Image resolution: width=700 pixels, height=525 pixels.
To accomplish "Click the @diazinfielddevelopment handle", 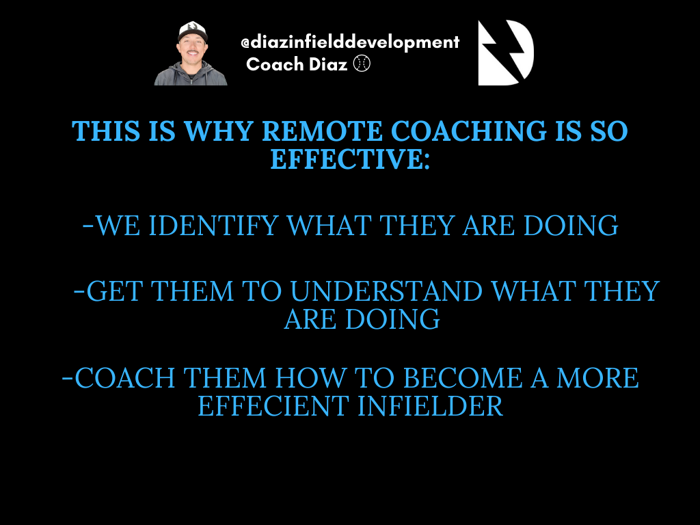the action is pyautogui.click(x=350, y=42).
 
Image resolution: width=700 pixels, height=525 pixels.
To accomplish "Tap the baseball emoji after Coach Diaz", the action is pyautogui.click(x=362, y=64).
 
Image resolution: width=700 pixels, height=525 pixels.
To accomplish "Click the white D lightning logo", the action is pyautogui.click(x=506, y=53).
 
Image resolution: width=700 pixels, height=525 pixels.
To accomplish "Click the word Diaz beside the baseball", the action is pyautogui.click(x=327, y=64).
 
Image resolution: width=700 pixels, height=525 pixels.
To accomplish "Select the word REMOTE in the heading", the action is pyautogui.click(x=322, y=131).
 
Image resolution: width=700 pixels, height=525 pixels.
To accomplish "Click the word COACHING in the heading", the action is pyautogui.click(x=468, y=131).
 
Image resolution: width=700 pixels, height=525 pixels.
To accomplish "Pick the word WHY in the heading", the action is pyautogui.click(x=218, y=131).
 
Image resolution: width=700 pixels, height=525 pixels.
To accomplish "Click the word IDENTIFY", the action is pyautogui.click(x=213, y=226).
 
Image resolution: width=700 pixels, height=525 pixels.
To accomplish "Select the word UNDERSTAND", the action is pyautogui.click(x=386, y=291).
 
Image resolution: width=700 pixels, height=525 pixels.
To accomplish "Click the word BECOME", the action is pyautogui.click(x=463, y=378).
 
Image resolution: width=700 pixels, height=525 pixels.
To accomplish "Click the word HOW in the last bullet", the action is pyautogui.click(x=310, y=378).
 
